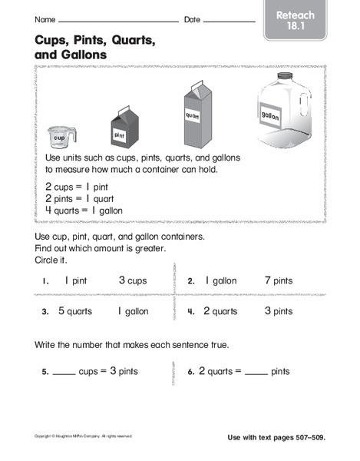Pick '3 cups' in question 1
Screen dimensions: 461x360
132,281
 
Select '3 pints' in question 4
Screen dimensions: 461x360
278,311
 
